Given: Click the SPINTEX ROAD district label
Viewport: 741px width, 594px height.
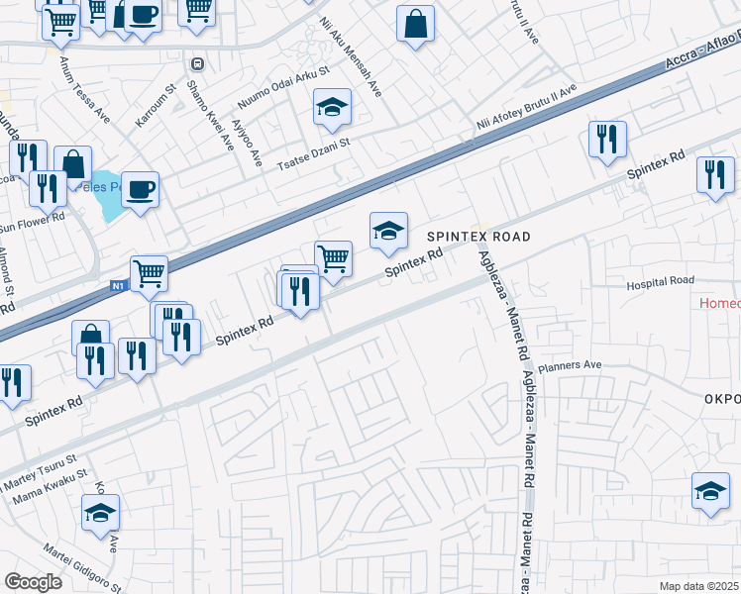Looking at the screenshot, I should pyautogui.click(x=478, y=238).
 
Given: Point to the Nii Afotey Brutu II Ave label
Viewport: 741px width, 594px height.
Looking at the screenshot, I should pyautogui.click(x=526, y=108).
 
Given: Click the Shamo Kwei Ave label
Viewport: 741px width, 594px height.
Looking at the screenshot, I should pyautogui.click(x=212, y=111).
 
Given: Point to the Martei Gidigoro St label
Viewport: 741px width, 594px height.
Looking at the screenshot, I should pyautogui.click(x=82, y=568).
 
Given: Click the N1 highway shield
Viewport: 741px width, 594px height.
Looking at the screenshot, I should pyautogui.click(x=118, y=287).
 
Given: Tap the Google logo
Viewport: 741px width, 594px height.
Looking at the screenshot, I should pyautogui.click(x=33, y=581).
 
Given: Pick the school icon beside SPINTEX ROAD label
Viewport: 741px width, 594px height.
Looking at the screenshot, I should pyautogui.click(x=389, y=231).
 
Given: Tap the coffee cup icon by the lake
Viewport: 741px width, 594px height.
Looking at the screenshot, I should pyautogui.click(x=141, y=188).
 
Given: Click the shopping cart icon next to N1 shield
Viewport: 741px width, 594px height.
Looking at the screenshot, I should pyautogui.click(x=149, y=272).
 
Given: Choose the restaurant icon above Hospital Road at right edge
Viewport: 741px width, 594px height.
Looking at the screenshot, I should pyautogui.click(x=715, y=175).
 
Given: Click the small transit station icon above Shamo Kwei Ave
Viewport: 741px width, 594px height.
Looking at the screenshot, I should pyautogui.click(x=198, y=64).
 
